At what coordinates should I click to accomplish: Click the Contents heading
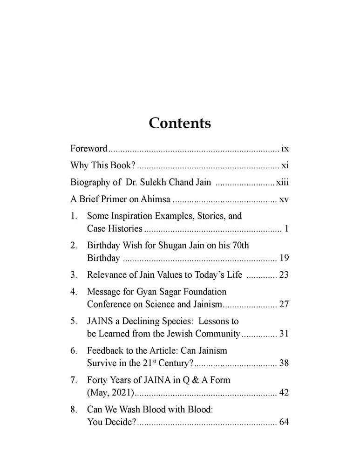[180, 123]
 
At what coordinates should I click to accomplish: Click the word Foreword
[89, 149]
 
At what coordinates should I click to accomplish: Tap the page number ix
[285, 149]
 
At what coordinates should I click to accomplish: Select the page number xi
[285, 166]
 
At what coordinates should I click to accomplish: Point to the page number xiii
[282, 183]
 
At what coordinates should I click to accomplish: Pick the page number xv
[284, 200]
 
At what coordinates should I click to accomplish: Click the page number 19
[284, 258]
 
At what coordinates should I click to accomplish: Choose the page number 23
[284, 275]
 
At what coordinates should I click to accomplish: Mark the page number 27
[284, 305]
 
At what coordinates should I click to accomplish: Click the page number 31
[284, 334]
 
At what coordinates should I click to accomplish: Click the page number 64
[284, 422]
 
